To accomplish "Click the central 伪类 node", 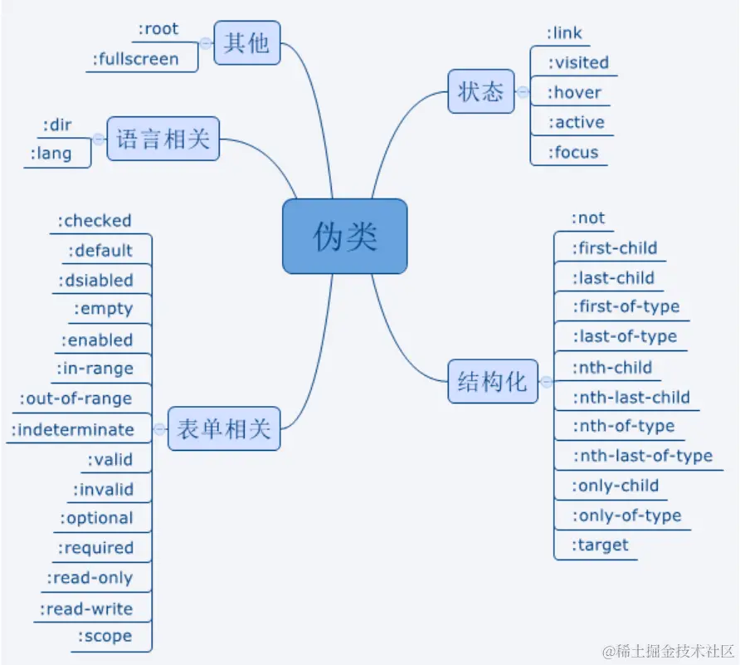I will (345, 237).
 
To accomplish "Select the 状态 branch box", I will (480, 90).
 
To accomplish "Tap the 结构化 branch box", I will (492, 382).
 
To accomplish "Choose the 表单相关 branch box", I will (223, 429).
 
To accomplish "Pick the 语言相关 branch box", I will (163, 139).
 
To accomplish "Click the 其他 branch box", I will (247, 43).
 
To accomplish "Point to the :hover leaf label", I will (574, 92).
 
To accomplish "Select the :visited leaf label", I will (578, 62).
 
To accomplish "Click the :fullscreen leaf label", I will (135, 59).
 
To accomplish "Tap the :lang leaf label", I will (51, 154).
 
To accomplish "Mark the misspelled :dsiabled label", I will (95, 280).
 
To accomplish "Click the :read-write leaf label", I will (86, 609).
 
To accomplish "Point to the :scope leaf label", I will (105, 637).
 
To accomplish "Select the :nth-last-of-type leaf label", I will (642, 456).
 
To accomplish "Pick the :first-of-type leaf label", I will (626, 306).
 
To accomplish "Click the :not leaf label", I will (588, 218).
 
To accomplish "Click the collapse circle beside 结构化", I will (546, 382).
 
